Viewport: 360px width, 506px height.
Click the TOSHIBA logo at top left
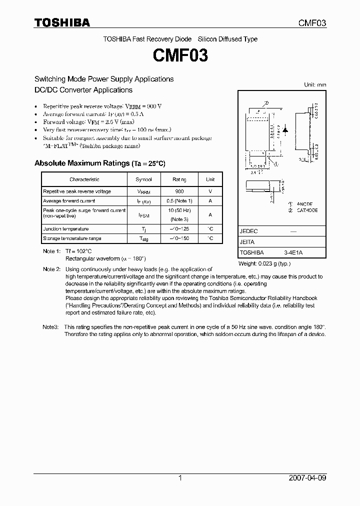62,22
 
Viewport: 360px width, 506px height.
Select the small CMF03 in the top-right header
312,23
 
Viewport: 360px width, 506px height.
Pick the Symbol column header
144,179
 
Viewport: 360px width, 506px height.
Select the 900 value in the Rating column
179,191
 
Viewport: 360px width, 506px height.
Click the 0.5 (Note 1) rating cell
179,201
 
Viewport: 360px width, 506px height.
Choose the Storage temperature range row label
72,238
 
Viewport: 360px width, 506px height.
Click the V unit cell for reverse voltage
210,191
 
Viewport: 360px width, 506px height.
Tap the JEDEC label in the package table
248,231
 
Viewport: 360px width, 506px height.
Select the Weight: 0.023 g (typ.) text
264,263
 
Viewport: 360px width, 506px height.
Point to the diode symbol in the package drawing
285,129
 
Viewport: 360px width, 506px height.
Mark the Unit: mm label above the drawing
315,85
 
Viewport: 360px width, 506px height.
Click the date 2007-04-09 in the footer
308,478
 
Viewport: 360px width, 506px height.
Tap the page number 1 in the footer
180,478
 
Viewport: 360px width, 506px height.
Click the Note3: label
50,326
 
